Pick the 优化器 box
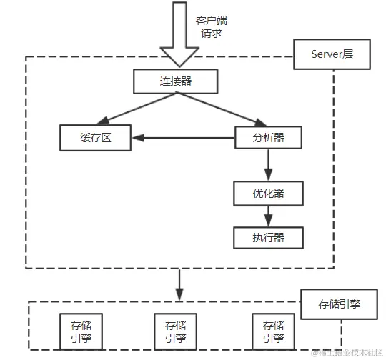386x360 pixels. pos(269,192)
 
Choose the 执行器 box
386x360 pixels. pos(269,236)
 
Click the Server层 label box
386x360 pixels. pos(332,55)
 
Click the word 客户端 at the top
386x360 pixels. pos(211,21)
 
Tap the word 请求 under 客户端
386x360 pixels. pos(211,34)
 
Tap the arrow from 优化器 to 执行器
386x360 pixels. pos(269,215)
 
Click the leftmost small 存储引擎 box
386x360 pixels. pos(76,330)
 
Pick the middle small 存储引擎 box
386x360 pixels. pos(174,330)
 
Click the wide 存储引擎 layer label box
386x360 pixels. pos(340,304)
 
